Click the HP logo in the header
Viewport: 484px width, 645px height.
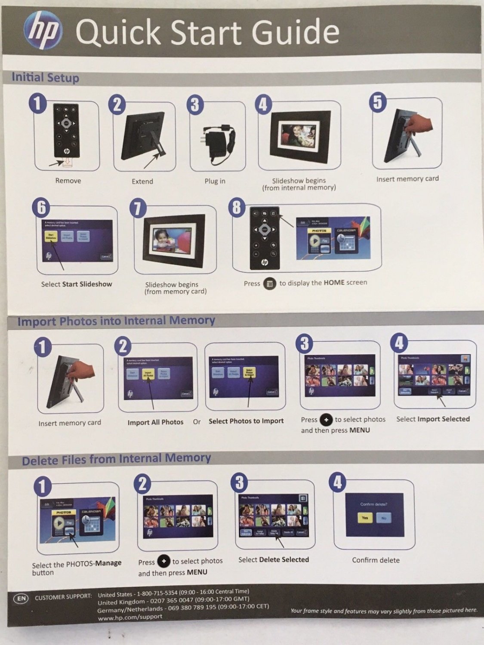pos(43,31)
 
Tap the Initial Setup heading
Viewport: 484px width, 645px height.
pos(45,77)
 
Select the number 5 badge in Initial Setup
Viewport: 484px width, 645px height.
pos(377,103)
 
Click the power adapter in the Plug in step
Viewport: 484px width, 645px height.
pos(219,142)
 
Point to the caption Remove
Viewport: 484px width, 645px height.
pos(68,181)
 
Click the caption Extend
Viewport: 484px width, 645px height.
pos(142,181)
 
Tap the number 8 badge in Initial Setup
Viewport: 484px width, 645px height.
pos(237,207)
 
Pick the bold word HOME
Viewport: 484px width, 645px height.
pos(334,283)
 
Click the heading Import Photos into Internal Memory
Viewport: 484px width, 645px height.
pos(116,321)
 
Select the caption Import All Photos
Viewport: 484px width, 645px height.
pos(155,422)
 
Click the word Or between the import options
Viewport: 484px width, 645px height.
pos(197,422)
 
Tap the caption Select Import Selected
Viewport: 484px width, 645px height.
pos(433,419)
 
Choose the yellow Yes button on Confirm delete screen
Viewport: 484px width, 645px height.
pos(365,518)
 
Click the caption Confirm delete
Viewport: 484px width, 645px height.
pos(376,560)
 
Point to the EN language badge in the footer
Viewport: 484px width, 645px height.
pos(21,598)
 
